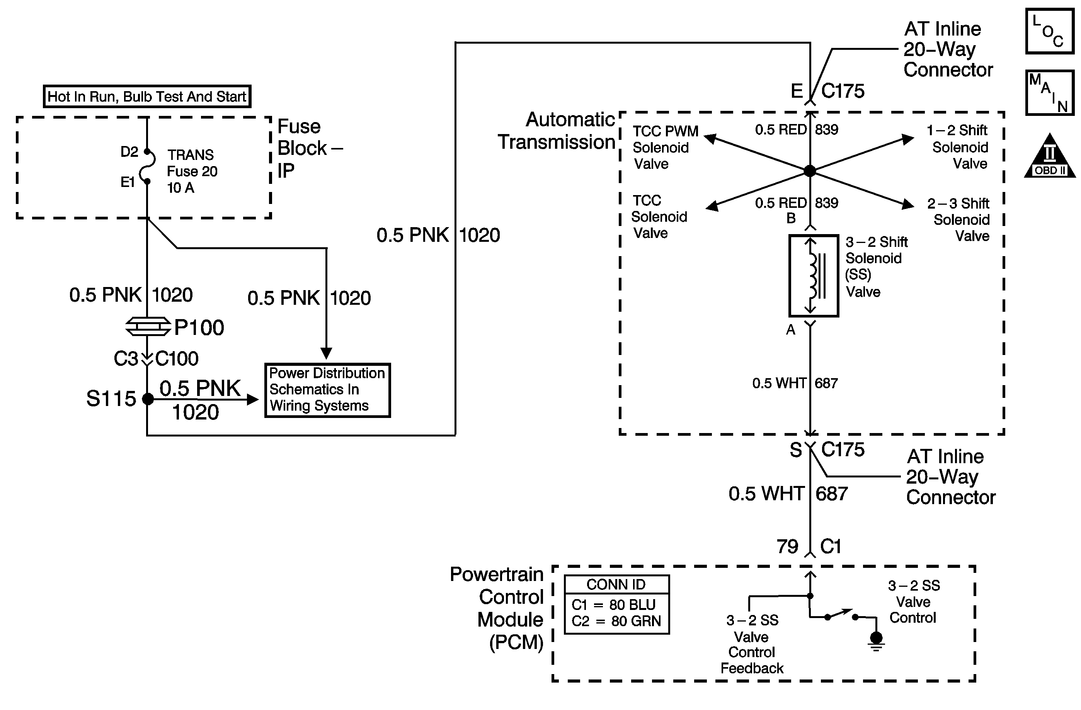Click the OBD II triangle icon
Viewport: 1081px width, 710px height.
(x=1050, y=155)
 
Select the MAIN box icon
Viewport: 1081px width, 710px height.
(x=1050, y=93)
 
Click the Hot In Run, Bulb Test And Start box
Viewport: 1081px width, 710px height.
(x=147, y=96)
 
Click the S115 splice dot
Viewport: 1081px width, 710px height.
(x=148, y=399)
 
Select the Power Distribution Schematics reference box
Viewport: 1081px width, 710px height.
(x=327, y=390)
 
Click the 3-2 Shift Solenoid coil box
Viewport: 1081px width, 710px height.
(x=814, y=275)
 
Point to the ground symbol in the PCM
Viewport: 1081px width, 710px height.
(x=876, y=640)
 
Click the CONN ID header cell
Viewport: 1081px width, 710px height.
(x=617, y=584)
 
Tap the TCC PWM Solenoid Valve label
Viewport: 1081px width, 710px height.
(x=665, y=148)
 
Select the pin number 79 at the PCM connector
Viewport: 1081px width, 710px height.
(x=787, y=547)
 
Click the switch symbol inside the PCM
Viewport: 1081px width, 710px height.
(x=841, y=615)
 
